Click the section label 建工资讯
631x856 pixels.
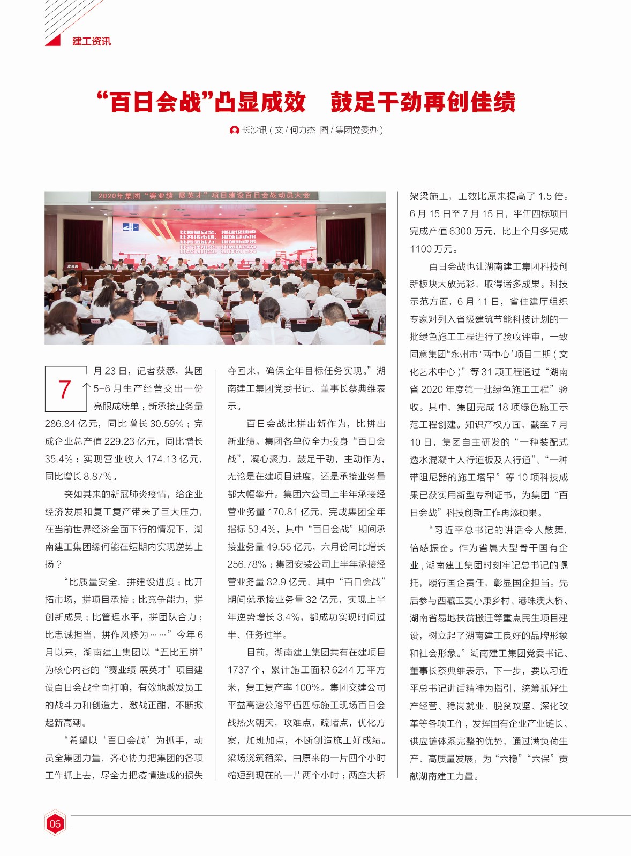[92, 41]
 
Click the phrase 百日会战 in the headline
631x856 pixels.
[156, 102]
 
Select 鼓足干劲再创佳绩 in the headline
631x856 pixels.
[423, 102]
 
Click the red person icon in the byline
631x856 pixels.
[234, 130]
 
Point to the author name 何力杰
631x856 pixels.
[303, 130]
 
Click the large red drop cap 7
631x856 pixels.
[65, 389]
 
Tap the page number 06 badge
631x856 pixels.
[55, 823]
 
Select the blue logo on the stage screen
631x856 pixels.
[130, 227]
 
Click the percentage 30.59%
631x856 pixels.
[166, 424]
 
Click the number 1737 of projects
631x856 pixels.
[238, 670]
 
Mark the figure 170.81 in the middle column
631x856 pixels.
[283, 512]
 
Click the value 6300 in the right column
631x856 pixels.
[460, 231]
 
